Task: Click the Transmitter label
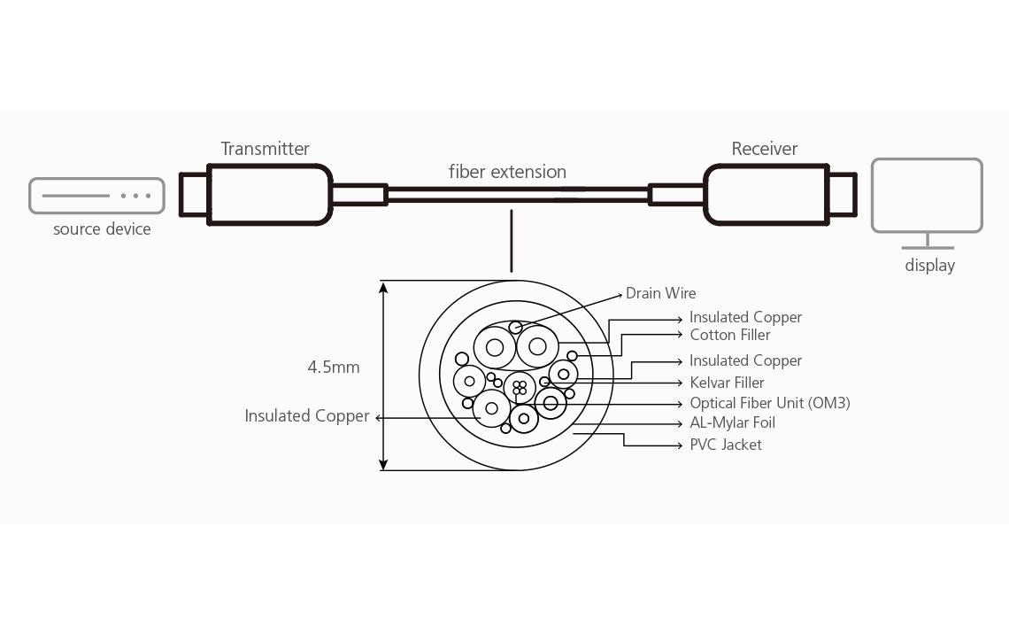(265, 149)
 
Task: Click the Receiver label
(764, 149)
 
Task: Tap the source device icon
(96, 196)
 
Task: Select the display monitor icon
(927, 196)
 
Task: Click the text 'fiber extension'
(507, 172)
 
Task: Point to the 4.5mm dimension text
(334, 367)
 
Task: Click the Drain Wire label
(660, 293)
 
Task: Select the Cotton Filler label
(729, 335)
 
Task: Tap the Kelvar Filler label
(727, 383)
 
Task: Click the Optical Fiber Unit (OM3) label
(769, 403)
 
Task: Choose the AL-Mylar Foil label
(732, 423)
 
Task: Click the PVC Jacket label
(725, 445)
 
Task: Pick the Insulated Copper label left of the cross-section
(306, 415)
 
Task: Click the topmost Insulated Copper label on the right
(745, 317)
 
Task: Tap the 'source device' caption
(102, 229)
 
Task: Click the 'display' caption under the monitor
(929, 266)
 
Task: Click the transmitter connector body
(269, 195)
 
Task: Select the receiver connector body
(766, 195)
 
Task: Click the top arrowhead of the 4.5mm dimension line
(383, 287)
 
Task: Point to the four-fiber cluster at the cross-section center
(520, 388)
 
